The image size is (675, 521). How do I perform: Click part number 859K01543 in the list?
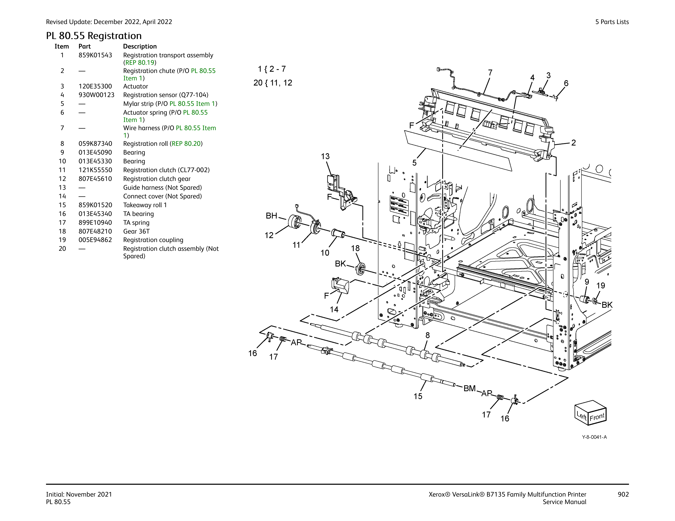[95, 55]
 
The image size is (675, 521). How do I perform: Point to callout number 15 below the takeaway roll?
[418, 396]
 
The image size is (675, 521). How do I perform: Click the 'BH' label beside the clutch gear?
[271, 216]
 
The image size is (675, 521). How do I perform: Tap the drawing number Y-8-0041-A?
[594, 437]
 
